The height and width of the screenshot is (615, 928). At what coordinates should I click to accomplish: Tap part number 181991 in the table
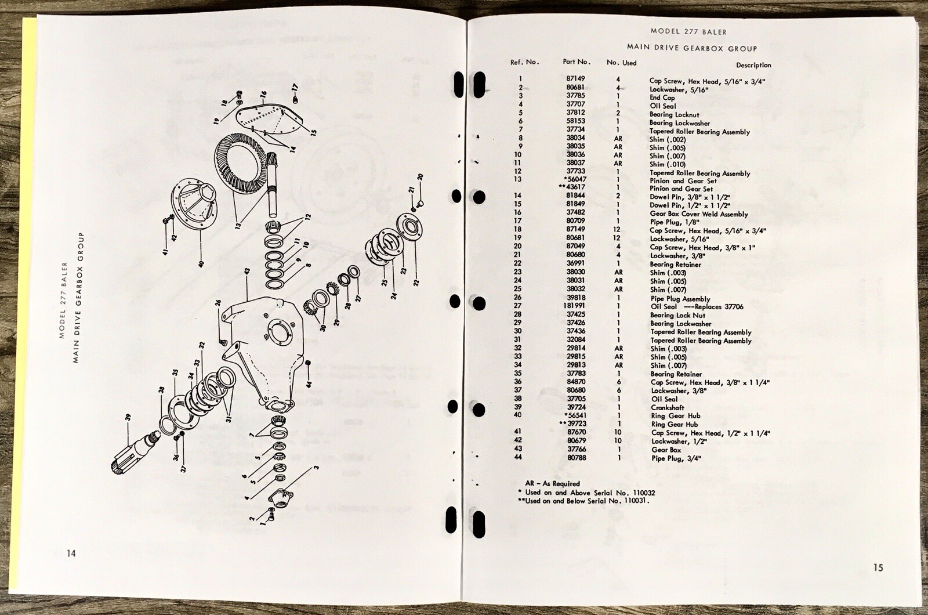click(577, 306)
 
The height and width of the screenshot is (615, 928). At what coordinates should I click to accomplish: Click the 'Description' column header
click(753, 65)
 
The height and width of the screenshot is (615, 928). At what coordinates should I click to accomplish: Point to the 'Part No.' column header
click(577, 62)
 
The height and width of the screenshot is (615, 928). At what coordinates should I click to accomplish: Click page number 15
click(878, 567)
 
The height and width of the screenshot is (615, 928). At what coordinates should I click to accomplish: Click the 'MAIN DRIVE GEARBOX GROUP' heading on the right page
click(691, 48)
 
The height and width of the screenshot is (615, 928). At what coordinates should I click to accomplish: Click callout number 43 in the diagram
click(246, 272)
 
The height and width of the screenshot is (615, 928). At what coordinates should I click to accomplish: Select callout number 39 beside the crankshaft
click(128, 417)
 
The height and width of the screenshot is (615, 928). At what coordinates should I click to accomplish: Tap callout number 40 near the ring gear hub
click(201, 263)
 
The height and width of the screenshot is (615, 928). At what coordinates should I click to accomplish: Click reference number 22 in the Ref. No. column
click(518, 264)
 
